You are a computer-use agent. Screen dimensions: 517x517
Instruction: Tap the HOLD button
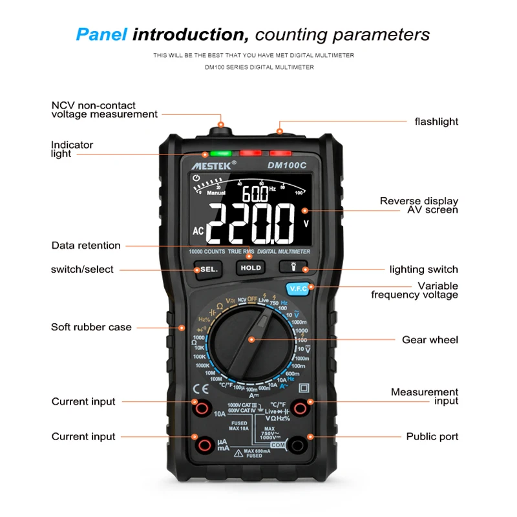[x=251, y=268]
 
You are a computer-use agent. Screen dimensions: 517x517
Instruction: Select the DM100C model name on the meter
[x=287, y=165]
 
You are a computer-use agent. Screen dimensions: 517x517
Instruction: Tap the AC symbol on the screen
[x=198, y=231]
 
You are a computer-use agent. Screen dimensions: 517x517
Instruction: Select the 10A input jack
[x=201, y=407]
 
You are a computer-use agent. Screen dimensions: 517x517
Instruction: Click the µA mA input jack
[x=201, y=445]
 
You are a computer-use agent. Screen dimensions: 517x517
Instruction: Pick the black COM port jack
[x=299, y=445]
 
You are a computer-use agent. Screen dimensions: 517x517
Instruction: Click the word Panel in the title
[x=101, y=34]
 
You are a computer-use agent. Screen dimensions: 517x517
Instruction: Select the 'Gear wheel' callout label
[x=430, y=340]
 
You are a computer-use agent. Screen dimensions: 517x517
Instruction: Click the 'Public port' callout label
[x=432, y=437]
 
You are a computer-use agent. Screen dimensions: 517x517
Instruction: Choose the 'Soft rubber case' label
[x=91, y=327]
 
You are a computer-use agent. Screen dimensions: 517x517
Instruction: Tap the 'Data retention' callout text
[x=86, y=246]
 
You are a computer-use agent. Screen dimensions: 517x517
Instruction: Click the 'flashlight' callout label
[x=436, y=121]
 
